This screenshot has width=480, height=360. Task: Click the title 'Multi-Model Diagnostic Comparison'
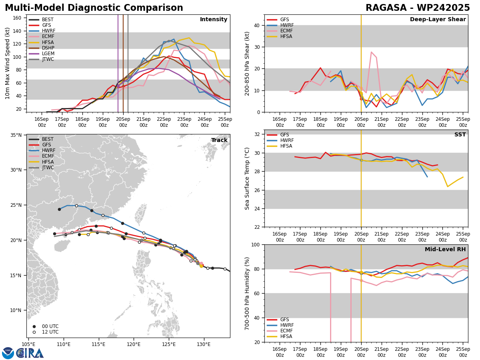[94, 8]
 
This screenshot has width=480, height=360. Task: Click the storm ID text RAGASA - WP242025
[418, 8]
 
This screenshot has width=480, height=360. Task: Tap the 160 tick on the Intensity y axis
[17, 18]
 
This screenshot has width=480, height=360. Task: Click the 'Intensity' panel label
[214, 20]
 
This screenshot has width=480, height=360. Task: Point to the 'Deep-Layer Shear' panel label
[438, 20]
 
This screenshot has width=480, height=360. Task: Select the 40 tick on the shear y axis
[256, 25]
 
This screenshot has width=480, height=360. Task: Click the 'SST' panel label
[460, 135]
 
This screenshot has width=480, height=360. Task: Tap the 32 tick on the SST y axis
[256, 134]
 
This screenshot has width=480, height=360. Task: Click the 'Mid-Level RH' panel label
[445, 250]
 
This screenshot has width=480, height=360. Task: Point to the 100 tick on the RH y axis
[254, 245]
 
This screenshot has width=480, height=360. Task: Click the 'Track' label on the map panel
[219, 140]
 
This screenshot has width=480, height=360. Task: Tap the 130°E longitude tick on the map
[204, 344]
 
